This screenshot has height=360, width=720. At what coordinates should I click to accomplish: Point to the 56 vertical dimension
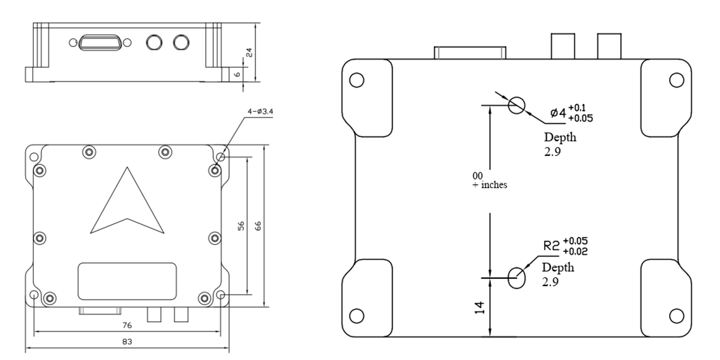click(x=241, y=225)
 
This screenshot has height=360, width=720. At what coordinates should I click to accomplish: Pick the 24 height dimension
click(x=249, y=52)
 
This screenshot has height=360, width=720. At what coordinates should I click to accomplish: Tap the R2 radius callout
click(x=553, y=245)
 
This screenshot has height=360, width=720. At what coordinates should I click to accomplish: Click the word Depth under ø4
click(x=560, y=137)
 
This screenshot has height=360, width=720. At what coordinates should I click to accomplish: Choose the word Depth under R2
click(x=557, y=268)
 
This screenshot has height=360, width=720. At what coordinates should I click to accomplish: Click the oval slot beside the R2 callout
click(x=517, y=278)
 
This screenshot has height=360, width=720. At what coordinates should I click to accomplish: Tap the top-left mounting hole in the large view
click(x=356, y=80)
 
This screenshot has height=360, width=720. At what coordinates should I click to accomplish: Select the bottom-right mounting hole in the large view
click(x=676, y=315)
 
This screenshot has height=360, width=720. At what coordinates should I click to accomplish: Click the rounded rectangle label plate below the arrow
click(x=127, y=281)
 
